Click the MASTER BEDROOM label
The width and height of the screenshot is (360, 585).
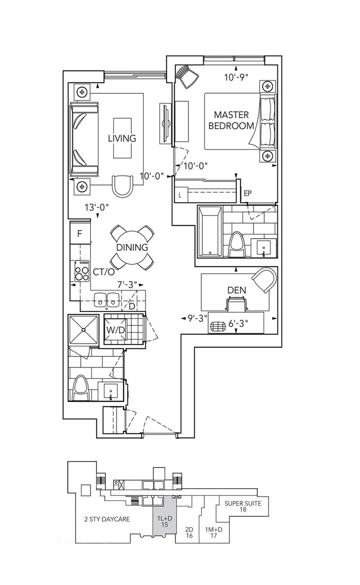[x=231, y=120]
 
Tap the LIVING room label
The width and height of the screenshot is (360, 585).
[x=122, y=138]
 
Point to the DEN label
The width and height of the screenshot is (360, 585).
[x=237, y=290]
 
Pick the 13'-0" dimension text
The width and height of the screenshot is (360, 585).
[x=96, y=208]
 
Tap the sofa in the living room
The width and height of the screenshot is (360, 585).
[x=84, y=140]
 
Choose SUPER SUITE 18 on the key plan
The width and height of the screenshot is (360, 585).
[x=243, y=507]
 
